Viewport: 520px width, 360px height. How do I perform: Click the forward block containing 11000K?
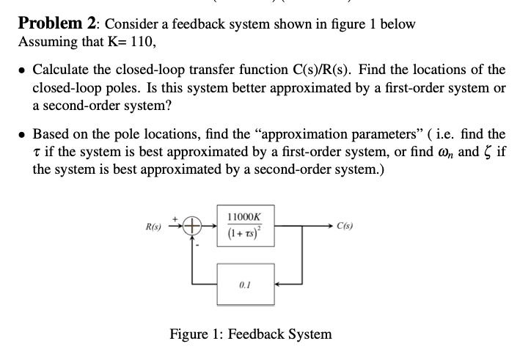[x=246, y=227]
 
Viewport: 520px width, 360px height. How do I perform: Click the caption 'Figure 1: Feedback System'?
[x=250, y=334]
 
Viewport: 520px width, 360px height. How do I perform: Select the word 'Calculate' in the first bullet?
[x=62, y=70]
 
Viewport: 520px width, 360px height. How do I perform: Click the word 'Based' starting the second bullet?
[x=51, y=134]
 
